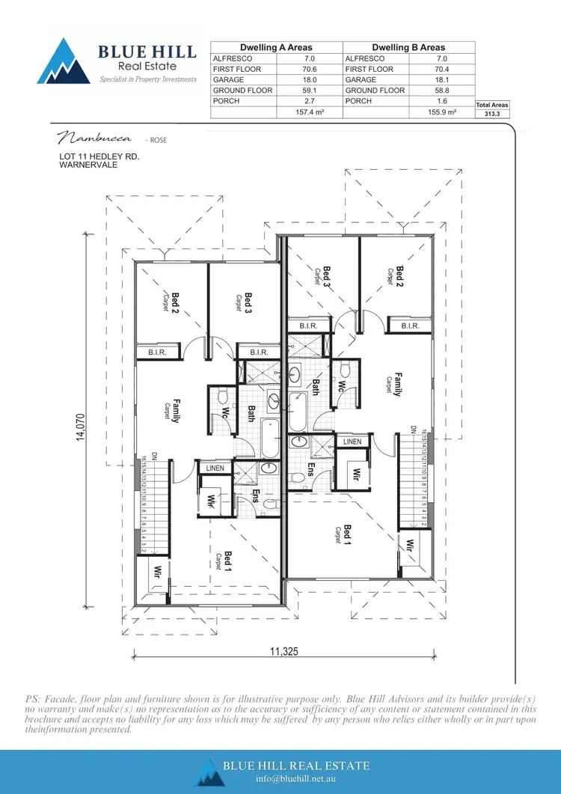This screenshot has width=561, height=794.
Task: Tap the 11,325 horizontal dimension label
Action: tap(284, 652)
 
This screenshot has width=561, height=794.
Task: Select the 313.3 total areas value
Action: tap(493, 114)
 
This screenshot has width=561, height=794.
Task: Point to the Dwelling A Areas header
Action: tap(276, 47)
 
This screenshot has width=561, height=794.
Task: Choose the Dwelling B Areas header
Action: tap(408, 47)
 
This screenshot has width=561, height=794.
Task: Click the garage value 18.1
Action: tap(441, 79)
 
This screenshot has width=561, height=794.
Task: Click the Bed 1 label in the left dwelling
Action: tap(228, 561)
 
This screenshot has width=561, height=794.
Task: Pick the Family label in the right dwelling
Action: tap(398, 384)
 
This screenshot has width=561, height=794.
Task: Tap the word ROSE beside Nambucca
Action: tap(158, 140)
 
